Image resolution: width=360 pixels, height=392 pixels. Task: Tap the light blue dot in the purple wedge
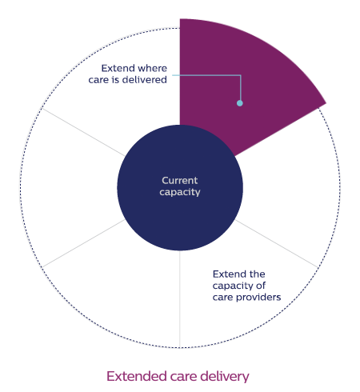point(240,103)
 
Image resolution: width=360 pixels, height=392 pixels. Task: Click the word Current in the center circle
point(180,181)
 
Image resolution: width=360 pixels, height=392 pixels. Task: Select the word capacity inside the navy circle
point(180,192)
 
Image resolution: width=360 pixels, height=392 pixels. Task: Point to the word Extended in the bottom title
point(137,376)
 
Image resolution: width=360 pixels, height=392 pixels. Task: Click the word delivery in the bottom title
point(225,377)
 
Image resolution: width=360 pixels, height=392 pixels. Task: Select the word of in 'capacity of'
point(261,286)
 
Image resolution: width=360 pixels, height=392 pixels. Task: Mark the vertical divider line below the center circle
point(180,298)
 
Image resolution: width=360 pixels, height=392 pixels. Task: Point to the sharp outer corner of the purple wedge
point(326,103)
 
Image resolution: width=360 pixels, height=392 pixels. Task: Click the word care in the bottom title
point(184,377)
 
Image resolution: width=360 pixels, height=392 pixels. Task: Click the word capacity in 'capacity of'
point(233,286)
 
